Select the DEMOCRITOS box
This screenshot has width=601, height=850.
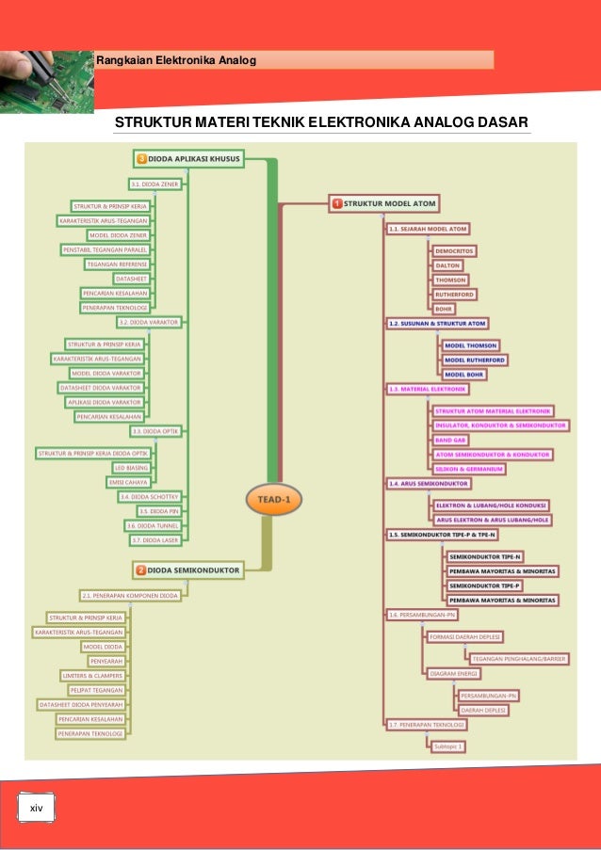tap(454, 252)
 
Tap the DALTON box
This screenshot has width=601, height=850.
tap(447, 266)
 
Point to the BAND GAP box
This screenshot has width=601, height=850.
tap(450, 440)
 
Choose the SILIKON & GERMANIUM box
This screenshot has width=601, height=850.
tap(470, 469)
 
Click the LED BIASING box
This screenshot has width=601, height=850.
tap(132, 468)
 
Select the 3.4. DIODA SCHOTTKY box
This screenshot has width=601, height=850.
tap(150, 496)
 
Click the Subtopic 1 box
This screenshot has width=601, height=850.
tap(448, 746)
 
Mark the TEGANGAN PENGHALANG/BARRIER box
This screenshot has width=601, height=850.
tap(518, 659)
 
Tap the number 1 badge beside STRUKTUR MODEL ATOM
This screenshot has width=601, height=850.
tap(336, 202)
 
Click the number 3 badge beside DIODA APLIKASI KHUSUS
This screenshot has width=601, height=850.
tap(142, 159)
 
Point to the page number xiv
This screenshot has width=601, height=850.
tap(37, 809)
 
